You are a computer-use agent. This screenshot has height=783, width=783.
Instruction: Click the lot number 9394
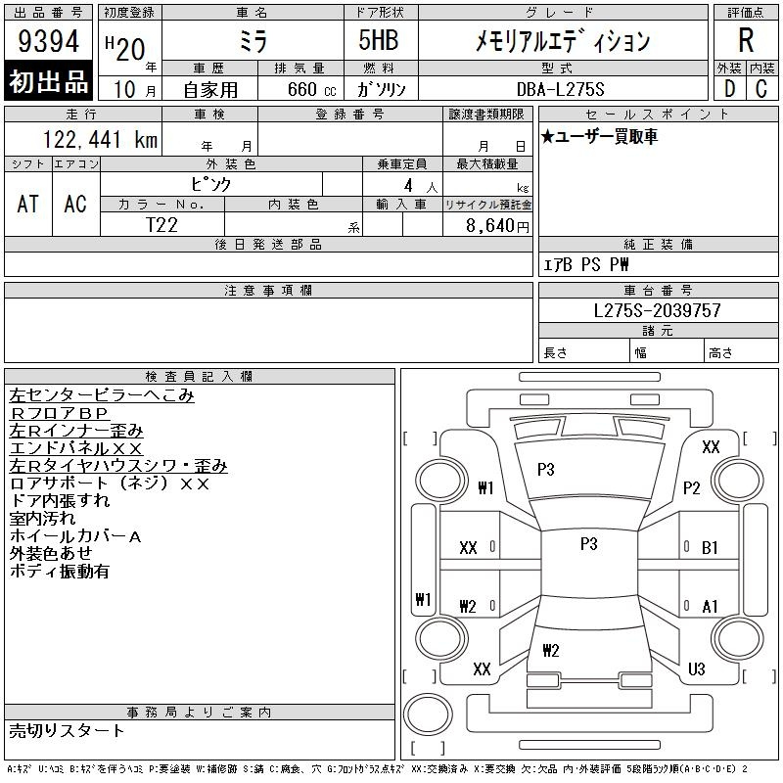tap(48, 41)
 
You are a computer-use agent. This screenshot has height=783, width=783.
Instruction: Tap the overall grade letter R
tap(746, 40)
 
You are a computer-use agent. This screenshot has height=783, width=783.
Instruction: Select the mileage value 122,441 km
tap(100, 139)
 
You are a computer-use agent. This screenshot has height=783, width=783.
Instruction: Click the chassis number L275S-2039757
tap(657, 310)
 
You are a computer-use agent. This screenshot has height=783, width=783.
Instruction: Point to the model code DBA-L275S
tap(560, 89)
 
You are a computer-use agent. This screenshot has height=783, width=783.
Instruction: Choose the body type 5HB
tap(379, 40)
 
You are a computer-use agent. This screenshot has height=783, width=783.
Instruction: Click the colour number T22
tap(161, 225)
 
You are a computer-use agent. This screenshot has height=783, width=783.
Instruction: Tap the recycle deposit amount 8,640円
tap(497, 226)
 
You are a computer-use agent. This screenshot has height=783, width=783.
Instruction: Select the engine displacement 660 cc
tap(311, 89)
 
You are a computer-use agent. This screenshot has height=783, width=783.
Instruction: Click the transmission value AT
tap(27, 204)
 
